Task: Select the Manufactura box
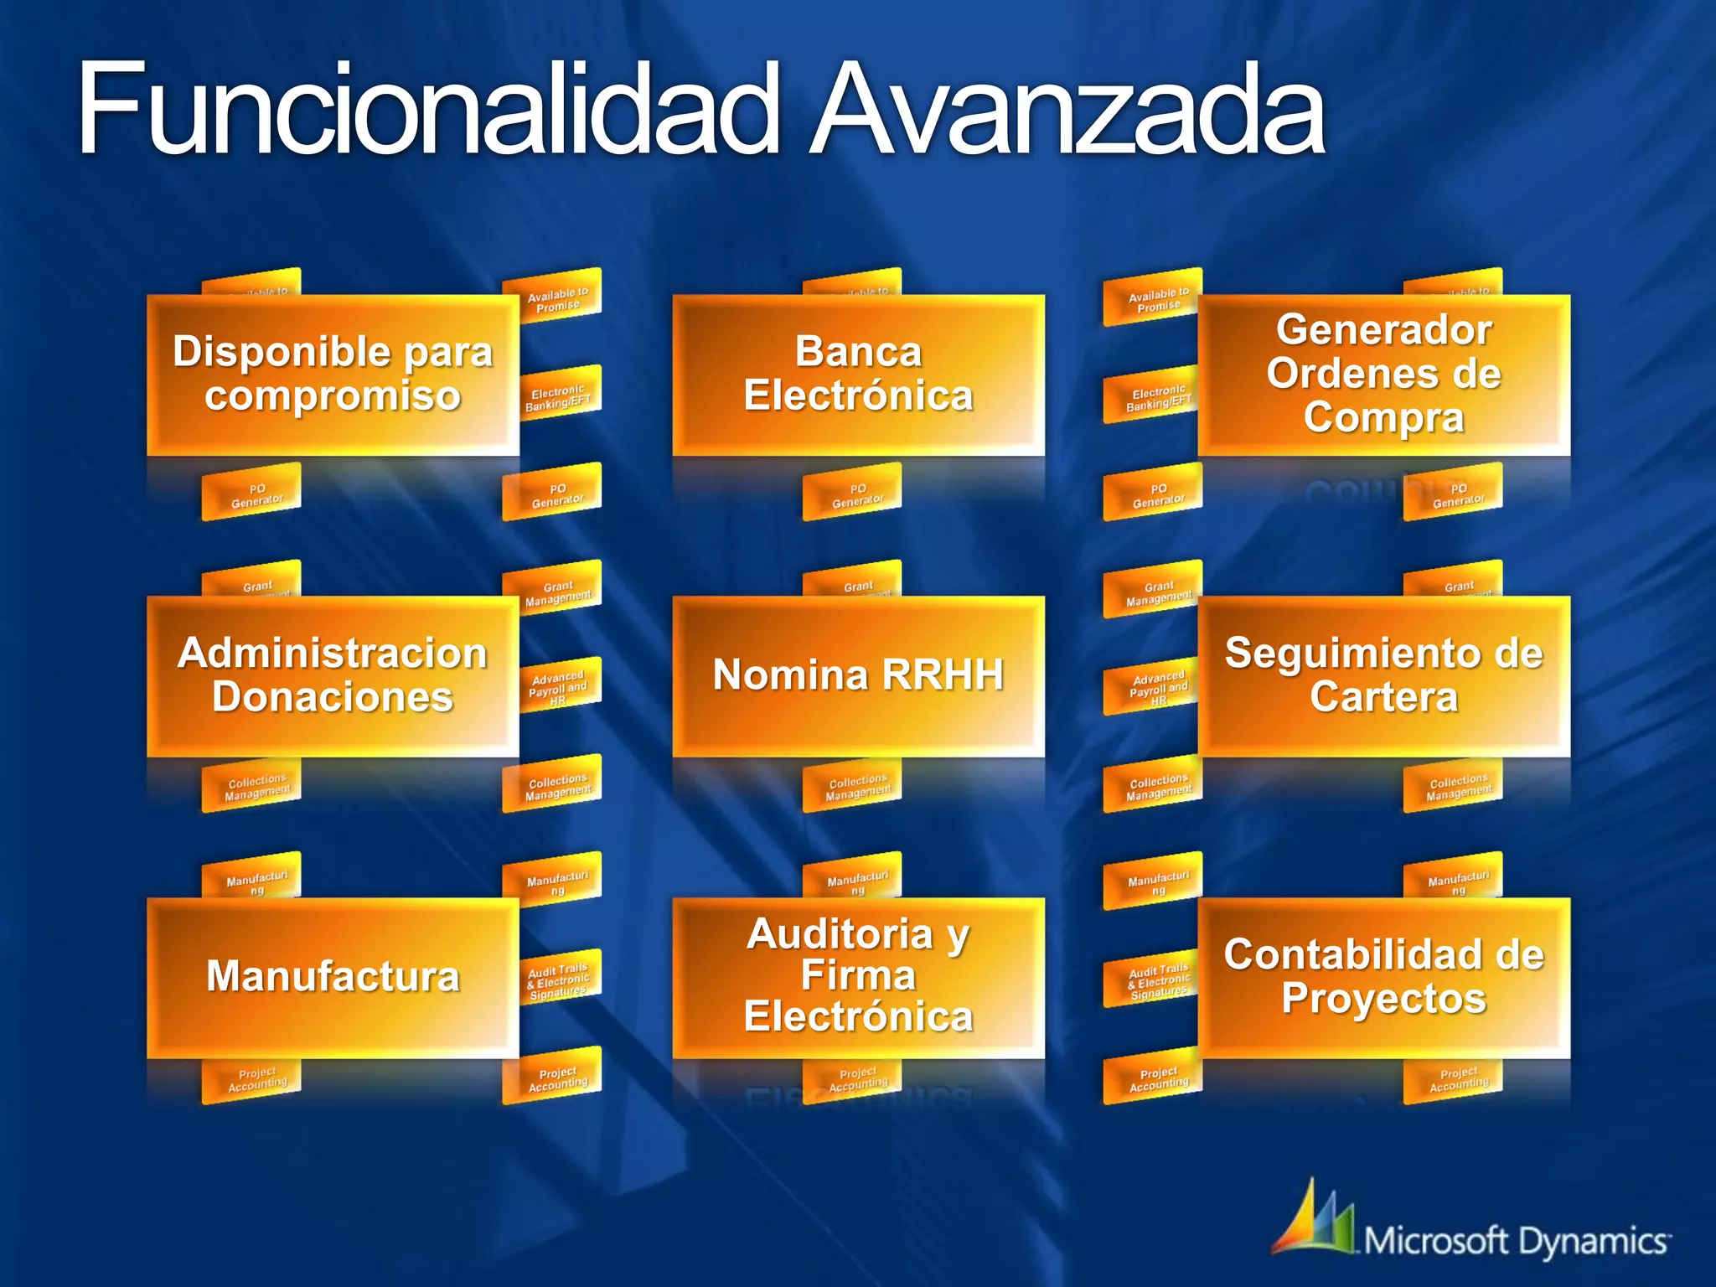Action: (333, 977)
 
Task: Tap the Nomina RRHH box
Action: (858, 675)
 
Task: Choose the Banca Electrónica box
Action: (858, 374)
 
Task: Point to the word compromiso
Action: (333, 395)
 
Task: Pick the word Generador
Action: (1383, 329)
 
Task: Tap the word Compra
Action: (1383, 417)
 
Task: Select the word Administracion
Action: (333, 654)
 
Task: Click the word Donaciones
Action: (333, 697)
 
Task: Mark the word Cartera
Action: (1383, 697)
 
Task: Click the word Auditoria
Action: (840, 934)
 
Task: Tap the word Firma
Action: (858, 975)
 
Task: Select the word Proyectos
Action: (1383, 999)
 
